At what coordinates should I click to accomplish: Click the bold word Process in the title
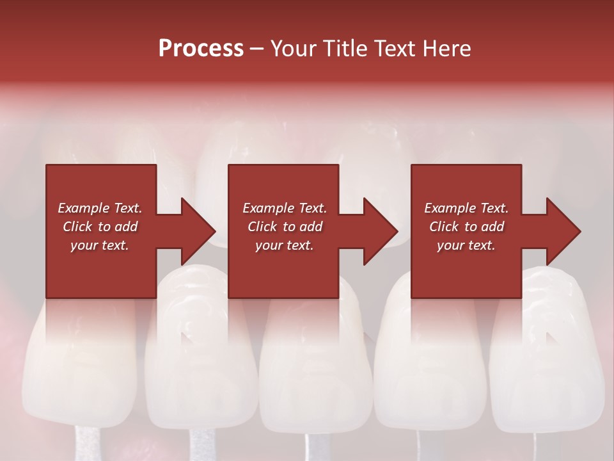click(201, 49)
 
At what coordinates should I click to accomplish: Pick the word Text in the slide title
click(394, 49)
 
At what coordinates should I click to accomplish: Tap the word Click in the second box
click(262, 227)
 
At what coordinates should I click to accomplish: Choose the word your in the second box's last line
click(268, 245)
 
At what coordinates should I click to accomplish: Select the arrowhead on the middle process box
click(380, 231)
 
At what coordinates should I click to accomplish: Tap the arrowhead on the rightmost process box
click(563, 231)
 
